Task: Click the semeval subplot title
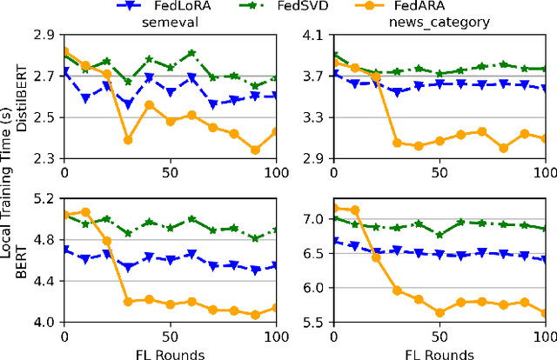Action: pyautogui.click(x=168, y=23)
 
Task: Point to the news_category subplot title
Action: pyautogui.click(x=440, y=23)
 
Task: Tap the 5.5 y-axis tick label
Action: pyautogui.click(x=314, y=322)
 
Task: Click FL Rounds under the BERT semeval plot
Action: pyautogui.click(x=171, y=352)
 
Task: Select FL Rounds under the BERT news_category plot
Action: pyautogui.click(x=440, y=352)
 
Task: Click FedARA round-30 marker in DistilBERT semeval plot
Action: pyautogui.click(x=128, y=139)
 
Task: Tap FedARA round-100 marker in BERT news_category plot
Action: pyautogui.click(x=545, y=314)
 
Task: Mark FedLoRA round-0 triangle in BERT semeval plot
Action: pyautogui.click(x=64, y=250)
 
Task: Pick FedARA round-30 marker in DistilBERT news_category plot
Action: pyautogui.click(x=397, y=143)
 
